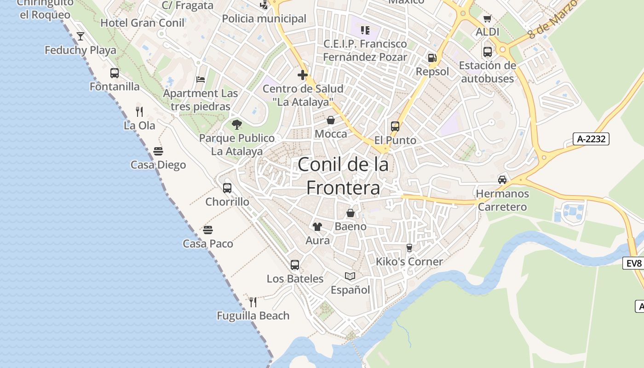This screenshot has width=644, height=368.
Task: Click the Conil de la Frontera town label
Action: (343, 176)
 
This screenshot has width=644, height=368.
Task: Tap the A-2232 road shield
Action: (591, 139)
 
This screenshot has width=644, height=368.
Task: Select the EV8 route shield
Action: (633, 263)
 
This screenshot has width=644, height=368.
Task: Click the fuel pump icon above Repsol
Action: (432, 58)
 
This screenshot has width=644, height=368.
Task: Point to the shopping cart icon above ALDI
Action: (488, 19)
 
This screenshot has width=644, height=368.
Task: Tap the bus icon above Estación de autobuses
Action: (488, 52)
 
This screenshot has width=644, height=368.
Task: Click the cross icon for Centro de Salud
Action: (302, 75)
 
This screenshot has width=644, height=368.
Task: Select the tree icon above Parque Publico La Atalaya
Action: (237, 124)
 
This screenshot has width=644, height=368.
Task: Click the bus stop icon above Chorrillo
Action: (227, 188)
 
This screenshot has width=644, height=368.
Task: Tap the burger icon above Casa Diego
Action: (158, 151)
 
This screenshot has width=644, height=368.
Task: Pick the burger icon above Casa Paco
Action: (208, 230)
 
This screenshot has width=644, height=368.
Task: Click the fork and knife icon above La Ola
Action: (139, 111)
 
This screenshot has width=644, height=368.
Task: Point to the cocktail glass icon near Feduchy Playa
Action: (80, 36)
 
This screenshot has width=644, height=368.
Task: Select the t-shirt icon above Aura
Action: (317, 226)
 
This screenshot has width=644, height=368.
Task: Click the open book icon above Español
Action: (350, 276)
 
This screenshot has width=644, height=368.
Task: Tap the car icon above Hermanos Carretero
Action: (502, 180)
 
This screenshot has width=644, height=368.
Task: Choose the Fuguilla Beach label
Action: (253, 316)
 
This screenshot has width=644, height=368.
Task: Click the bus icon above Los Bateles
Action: (295, 265)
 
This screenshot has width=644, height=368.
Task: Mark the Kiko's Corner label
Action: (409, 261)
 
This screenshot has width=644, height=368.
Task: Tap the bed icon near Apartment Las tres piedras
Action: (201, 79)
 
